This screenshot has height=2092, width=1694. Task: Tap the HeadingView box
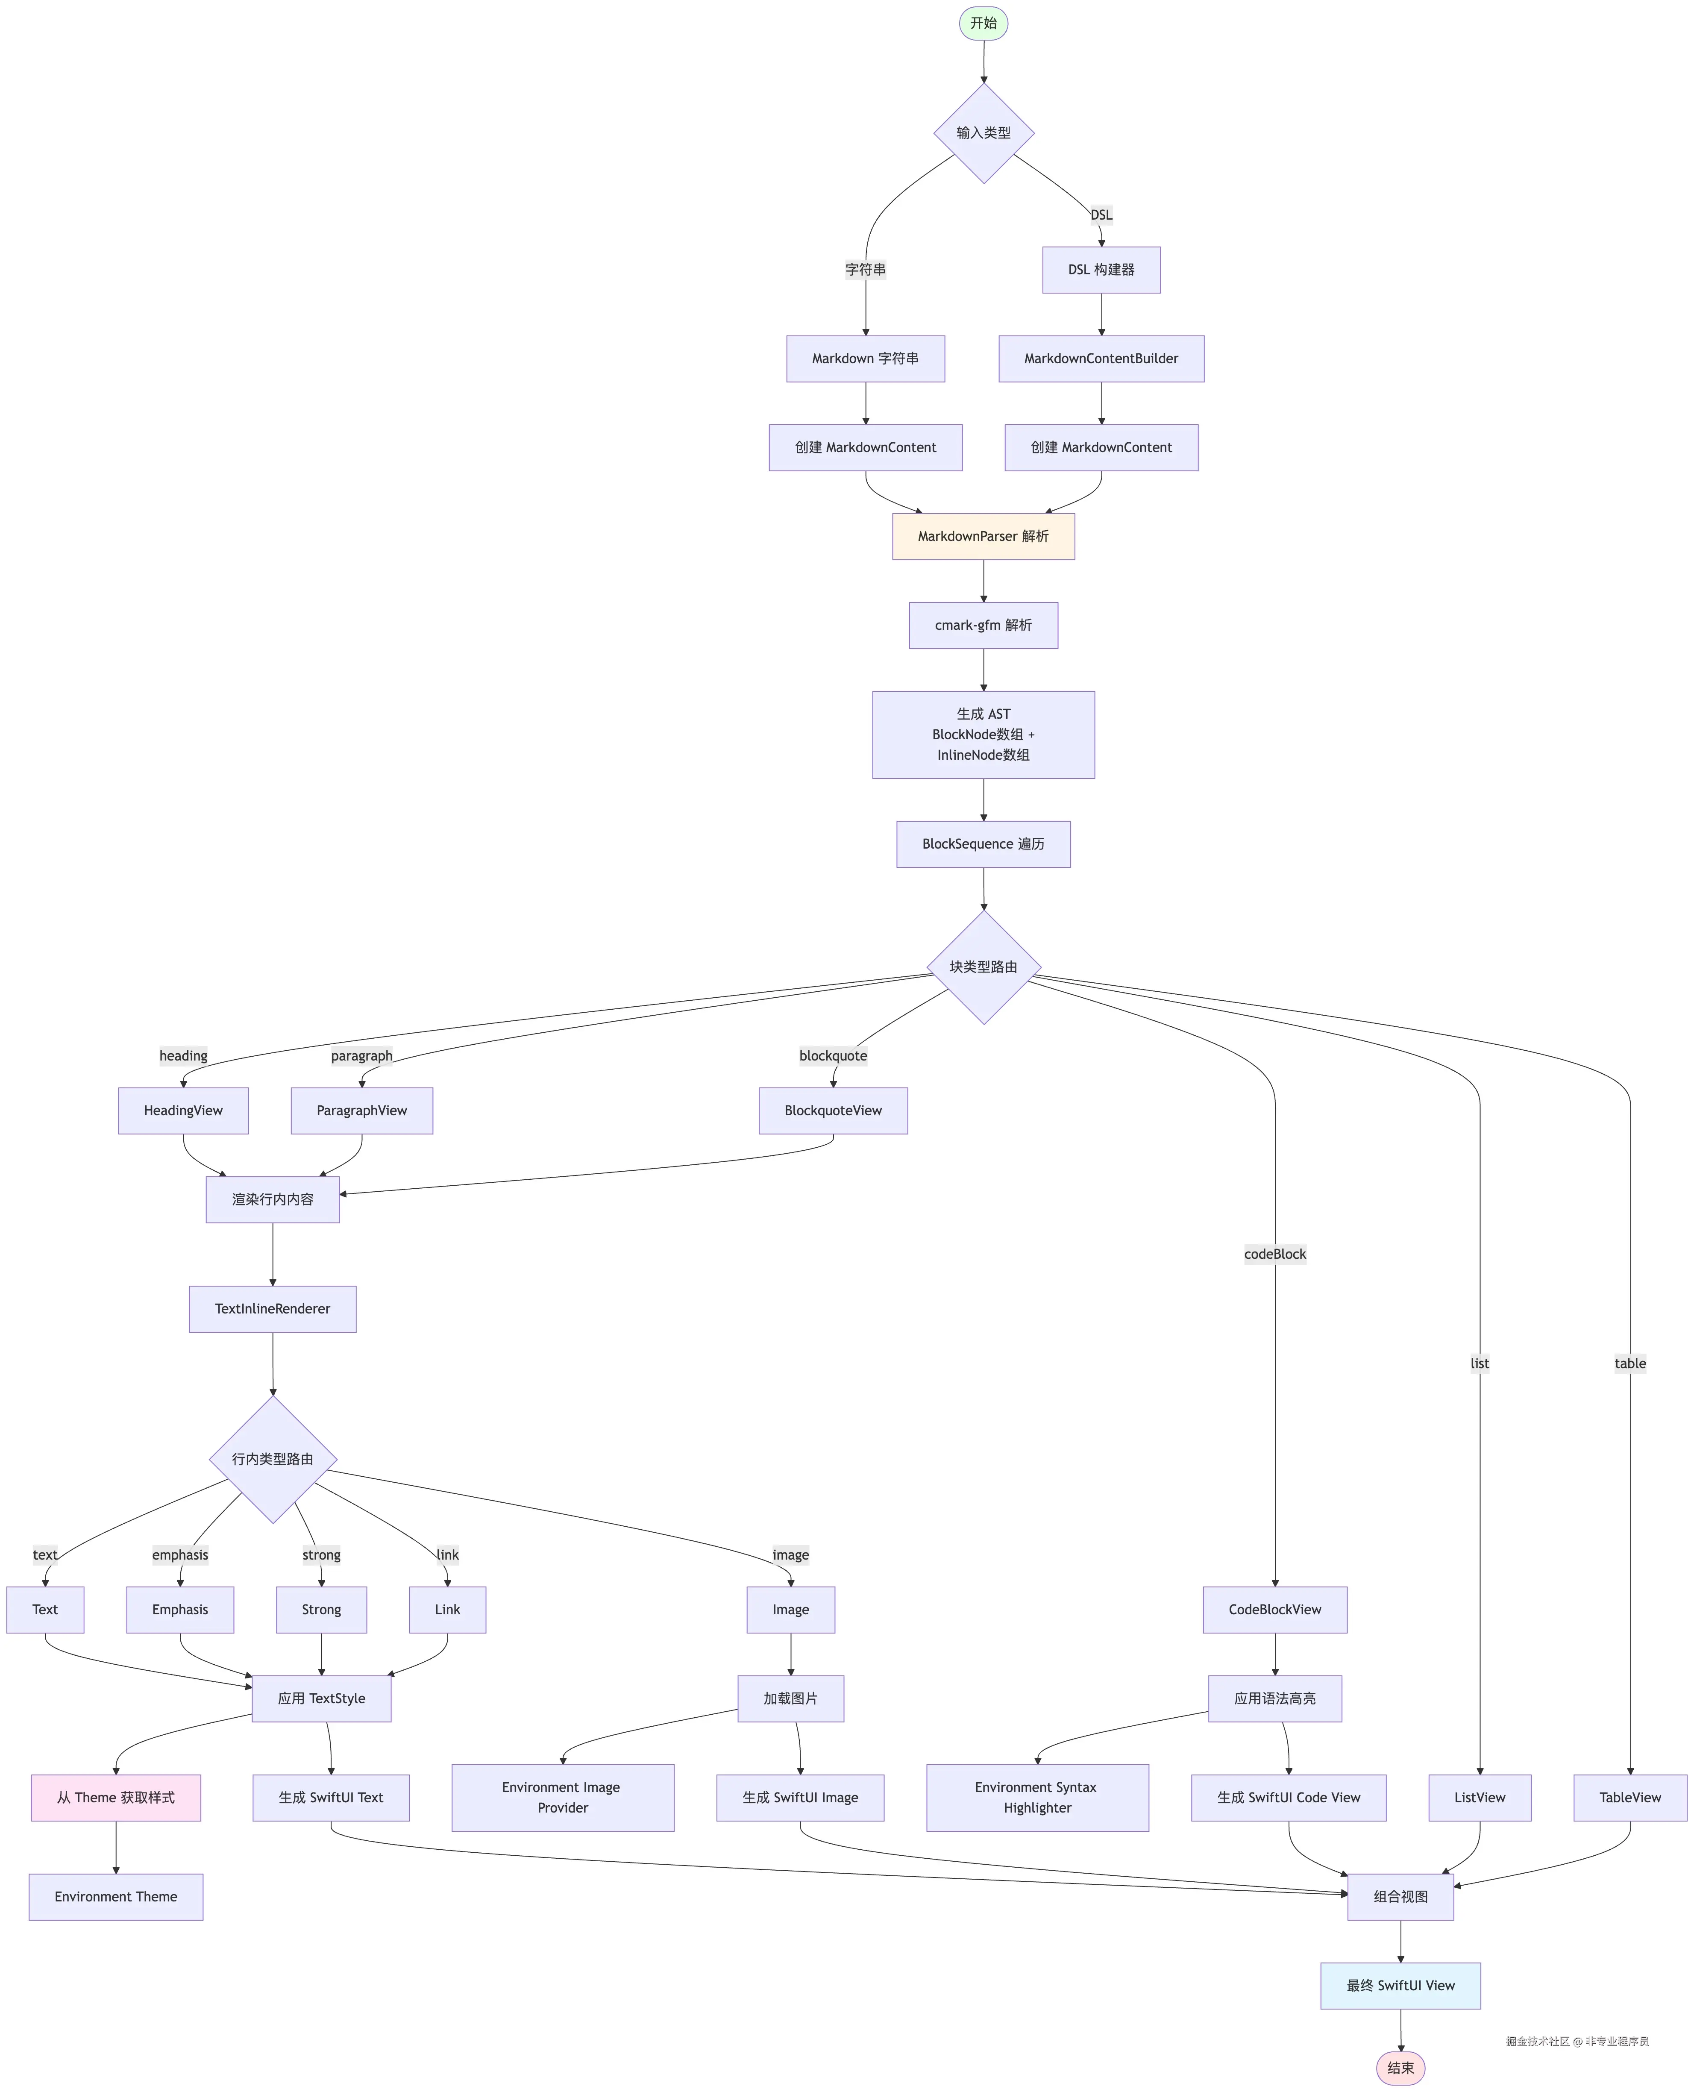pyautogui.click(x=183, y=1111)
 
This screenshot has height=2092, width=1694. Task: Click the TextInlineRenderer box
pyautogui.click(x=272, y=1308)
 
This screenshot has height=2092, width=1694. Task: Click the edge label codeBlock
pyautogui.click(x=1274, y=1254)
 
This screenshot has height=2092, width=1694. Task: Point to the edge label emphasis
pyautogui.click(x=181, y=1554)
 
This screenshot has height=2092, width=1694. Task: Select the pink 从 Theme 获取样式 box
pyautogui.click(x=116, y=1797)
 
